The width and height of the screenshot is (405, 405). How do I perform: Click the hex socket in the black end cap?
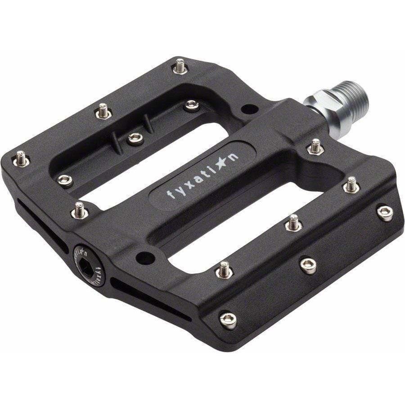pos(86,268)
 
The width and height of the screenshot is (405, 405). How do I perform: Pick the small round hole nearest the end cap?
pos(145,258)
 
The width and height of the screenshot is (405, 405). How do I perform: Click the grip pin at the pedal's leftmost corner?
pos(21,158)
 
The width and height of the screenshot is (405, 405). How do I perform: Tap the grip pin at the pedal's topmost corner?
pos(180,66)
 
